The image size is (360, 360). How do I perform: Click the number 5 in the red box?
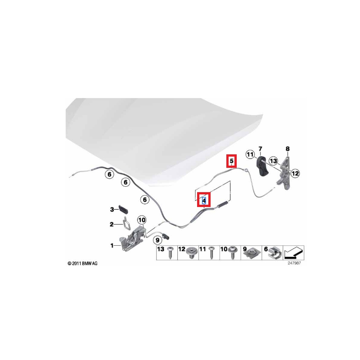tap(231, 160)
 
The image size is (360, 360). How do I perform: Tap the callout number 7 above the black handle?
tap(260, 148)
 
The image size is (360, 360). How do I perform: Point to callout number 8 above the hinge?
tap(288, 149)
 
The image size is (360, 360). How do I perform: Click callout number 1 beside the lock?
tap(112, 245)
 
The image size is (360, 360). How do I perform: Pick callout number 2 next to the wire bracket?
tap(112, 224)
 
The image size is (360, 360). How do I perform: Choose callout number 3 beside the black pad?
tap(112, 209)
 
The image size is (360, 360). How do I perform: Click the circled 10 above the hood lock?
tap(142, 220)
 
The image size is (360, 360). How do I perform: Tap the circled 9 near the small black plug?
tap(157, 240)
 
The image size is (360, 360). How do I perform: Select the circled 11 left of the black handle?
tap(250, 155)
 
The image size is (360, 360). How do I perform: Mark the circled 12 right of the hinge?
tap(295, 172)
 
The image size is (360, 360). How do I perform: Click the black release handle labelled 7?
tap(262, 167)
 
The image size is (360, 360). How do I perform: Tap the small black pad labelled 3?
tap(123, 209)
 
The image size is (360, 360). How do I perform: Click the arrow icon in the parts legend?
tap(294, 252)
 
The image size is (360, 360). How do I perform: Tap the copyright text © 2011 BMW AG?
tap(82, 263)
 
